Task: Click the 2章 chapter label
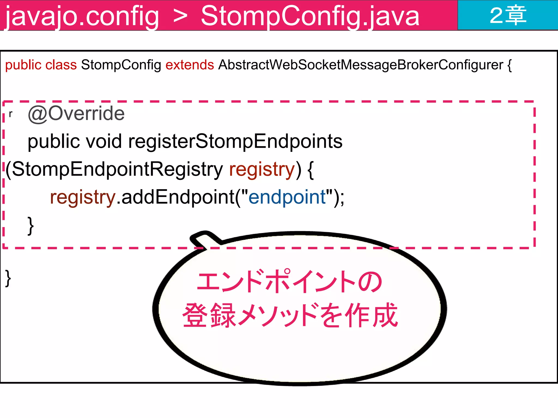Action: [x=508, y=16]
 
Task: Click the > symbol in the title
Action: [x=180, y=16]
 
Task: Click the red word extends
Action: [x=190, y=65]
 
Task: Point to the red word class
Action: [x=61, y=65]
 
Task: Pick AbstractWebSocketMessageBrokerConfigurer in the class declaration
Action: [x=360, y=65]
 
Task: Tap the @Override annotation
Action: [x=76, y=113]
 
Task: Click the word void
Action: [x=104, y=142]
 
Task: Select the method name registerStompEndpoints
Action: [x=235, y=142]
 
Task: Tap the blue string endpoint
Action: [x=287, y=197]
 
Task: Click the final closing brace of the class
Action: [x=8, y=278]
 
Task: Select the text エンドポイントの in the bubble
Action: [x=289, y=282]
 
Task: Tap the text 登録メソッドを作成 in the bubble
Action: [x=290, y=315]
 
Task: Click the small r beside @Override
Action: [x=11, y=114]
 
